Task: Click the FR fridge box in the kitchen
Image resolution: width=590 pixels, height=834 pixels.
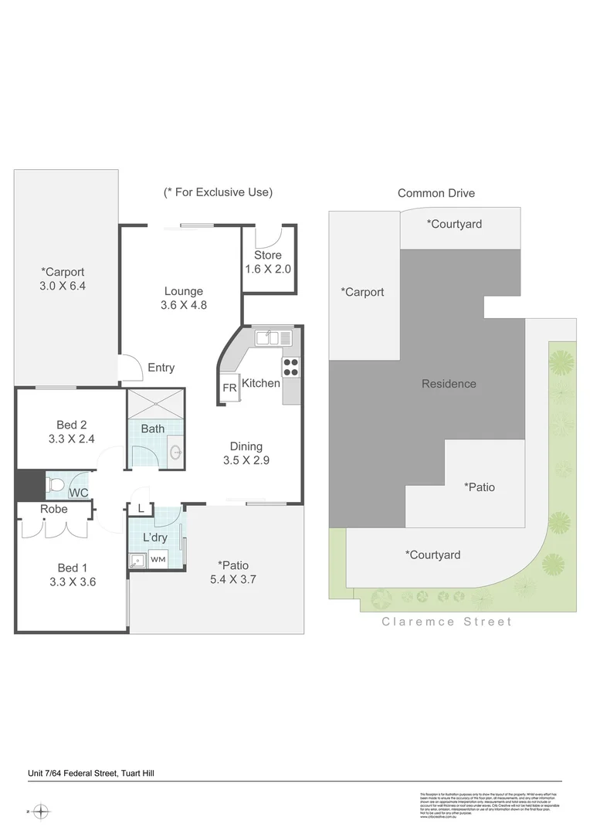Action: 229,388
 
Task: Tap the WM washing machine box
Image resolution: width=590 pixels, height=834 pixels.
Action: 158,559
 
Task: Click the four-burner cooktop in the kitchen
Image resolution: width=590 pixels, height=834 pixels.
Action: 291,367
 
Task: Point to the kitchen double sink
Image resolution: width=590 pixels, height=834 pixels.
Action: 274,337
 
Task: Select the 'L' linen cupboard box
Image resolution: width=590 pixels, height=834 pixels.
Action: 141,508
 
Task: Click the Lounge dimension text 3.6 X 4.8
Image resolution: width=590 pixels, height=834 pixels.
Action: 184,305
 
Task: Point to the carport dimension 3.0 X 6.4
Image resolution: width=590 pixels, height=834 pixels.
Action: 63,286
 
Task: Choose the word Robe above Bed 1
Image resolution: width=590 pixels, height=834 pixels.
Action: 54,509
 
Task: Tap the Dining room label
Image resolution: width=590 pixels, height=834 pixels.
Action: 246,446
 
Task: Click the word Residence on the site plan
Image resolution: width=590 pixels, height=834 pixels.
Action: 449,384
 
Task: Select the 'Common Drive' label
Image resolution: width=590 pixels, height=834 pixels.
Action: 436,193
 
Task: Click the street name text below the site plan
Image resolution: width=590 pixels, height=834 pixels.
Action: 446,622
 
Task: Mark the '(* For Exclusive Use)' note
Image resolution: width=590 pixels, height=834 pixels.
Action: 218,192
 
